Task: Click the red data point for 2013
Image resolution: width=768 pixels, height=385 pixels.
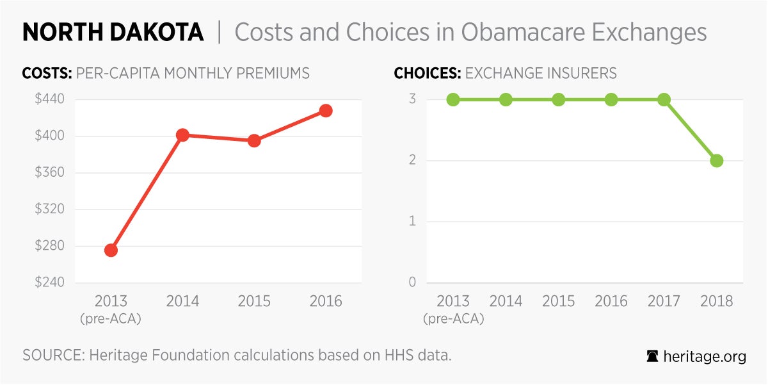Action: (x=111, y=250)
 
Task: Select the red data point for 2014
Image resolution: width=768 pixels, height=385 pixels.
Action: (x=182, y=135)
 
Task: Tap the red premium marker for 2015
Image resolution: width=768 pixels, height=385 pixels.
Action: (x=254, y=140)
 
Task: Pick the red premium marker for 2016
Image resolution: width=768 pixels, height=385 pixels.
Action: (x=326, y=110)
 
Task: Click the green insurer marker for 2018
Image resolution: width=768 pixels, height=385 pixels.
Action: (x=716, y=160)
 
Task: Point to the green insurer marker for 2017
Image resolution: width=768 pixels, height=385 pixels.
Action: (x=664, y=99)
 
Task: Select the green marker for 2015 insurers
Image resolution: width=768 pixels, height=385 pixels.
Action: (x=558, y=99)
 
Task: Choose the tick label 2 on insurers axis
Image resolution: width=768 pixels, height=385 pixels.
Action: (x=413, y=160)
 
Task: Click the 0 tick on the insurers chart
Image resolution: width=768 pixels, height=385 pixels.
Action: (x=413, y=283)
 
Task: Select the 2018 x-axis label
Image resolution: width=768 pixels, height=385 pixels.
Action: (x=716, y=301)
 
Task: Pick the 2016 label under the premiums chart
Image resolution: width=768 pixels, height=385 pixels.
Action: (x=326, y=301)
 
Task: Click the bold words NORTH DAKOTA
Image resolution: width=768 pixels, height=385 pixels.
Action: (x=113, y=33)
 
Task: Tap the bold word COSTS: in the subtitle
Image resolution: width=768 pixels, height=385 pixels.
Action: (x=47, y=73)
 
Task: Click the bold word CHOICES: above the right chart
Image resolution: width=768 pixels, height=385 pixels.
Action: (x=427, y=73)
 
